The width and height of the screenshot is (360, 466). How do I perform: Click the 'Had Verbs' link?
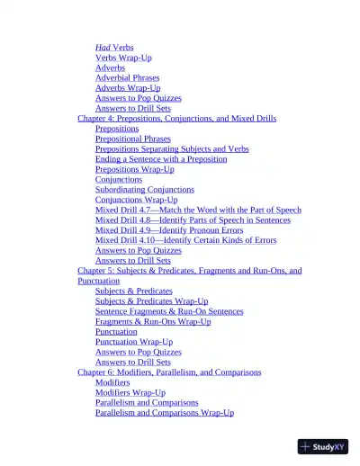pos(115,47)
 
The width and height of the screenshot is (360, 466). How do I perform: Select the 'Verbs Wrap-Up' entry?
pos(123,58)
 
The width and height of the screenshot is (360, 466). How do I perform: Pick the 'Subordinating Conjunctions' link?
pos(144,189)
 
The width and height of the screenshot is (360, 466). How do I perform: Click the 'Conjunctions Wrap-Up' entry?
pos(136,200)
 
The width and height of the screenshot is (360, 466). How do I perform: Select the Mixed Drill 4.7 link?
pos(198,210)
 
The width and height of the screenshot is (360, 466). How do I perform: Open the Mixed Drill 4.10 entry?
pos(185,240)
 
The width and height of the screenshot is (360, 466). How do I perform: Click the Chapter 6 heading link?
pos(169,372)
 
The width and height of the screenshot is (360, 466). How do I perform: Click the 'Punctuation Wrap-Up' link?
pos(134,342)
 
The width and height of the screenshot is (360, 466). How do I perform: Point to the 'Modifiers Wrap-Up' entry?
pos(130,392)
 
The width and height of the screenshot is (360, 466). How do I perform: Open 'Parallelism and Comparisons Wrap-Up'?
pos(165,413)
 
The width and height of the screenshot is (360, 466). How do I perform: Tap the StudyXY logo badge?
pos(322,446)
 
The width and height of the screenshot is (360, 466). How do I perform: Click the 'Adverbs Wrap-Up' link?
pos(128,88)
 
